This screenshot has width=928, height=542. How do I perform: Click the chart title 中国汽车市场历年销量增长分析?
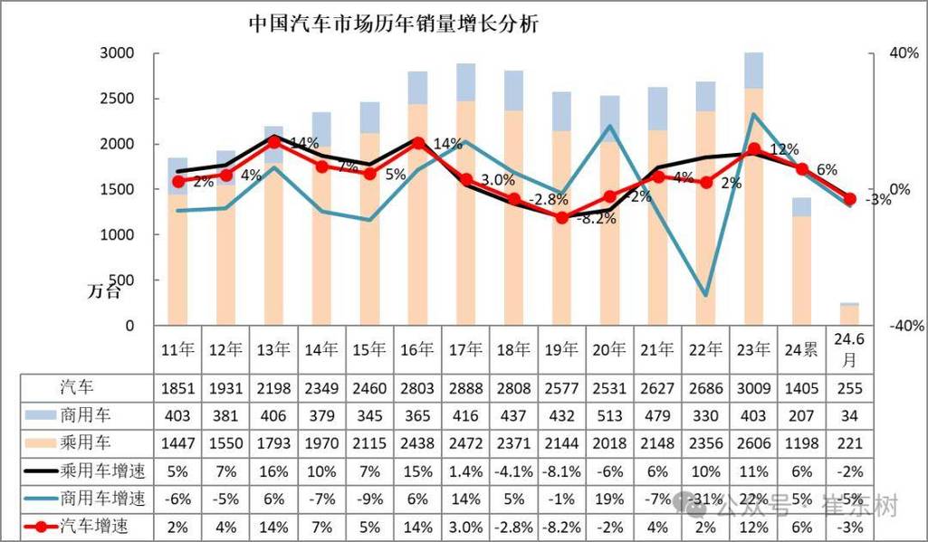tap(394, 24)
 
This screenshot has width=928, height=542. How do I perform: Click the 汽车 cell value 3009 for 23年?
tap(753, 389)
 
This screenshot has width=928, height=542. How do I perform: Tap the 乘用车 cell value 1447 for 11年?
tap(177, 443)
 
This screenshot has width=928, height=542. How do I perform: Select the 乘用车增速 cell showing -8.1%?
tap(561, 471)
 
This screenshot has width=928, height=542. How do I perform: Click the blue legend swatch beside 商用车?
tap(40, 416)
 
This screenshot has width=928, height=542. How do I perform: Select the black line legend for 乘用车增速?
tap(40, 471)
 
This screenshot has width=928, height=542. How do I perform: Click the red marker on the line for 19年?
tap(561, 217)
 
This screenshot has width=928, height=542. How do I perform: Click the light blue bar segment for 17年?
tap(465, 82)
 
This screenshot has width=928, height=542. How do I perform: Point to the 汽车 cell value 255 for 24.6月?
tap(848, 389)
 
